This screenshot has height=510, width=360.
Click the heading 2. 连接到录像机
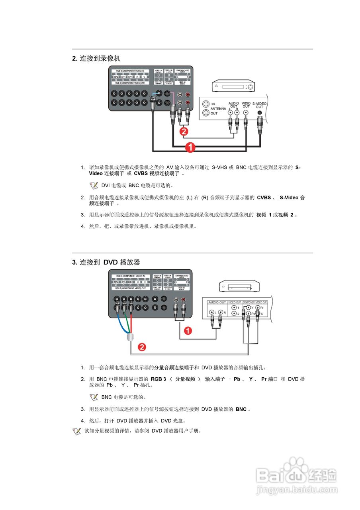point(96,59)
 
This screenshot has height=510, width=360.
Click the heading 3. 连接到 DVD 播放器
point(106,262)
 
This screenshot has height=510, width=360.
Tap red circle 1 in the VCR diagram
point(191,147)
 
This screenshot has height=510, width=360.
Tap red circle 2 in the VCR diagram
point(184,130)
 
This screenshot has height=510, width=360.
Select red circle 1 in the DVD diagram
point(188,330)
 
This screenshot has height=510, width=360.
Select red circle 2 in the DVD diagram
point(142,347)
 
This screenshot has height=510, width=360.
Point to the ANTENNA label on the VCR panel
point(218,108)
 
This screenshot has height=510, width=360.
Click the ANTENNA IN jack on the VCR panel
point(205,104)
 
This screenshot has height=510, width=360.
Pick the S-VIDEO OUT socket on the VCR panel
point(260,112)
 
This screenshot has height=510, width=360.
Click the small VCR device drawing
point(233,86)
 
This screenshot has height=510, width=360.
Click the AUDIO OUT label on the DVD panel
point(217,302)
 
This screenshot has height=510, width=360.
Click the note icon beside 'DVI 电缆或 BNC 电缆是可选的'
point(94,185)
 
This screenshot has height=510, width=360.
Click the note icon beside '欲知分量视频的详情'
point(77,431)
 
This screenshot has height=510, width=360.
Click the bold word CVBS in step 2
point(264,197)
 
